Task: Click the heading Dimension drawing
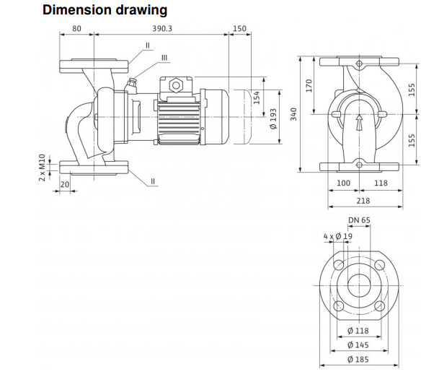click(105, 10)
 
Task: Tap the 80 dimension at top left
click(76, 29)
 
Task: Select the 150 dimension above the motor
click(239, 29)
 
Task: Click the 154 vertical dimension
click(257, 96)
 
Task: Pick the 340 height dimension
click(293, 115)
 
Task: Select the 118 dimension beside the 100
click(381, 183)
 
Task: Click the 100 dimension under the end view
click(345, 183)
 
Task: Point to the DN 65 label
click(358, 220)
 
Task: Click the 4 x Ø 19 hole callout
click(338, 236)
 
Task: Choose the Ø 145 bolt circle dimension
click(358, 344)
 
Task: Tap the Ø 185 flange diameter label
click(358, 359)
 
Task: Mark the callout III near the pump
click(165, 57)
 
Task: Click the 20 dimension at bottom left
click(65, 185)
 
